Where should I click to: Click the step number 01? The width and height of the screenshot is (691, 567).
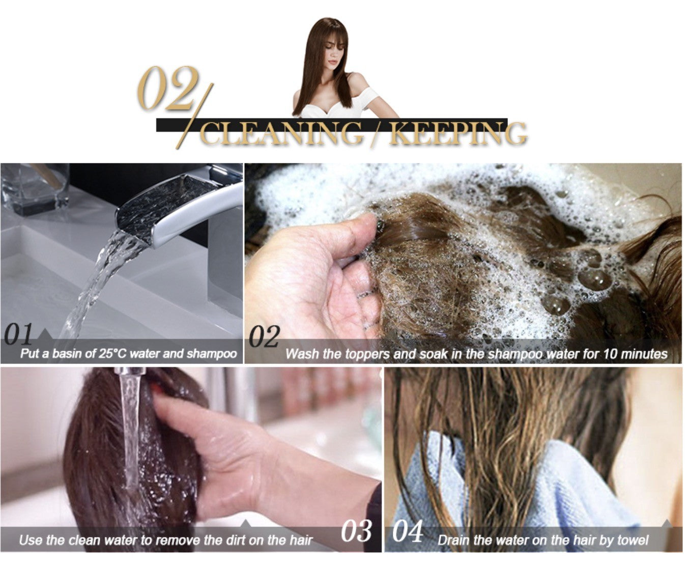click(19, 334)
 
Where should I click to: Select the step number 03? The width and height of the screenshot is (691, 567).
click(356, 530)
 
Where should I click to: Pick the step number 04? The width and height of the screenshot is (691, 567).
click(408, 531)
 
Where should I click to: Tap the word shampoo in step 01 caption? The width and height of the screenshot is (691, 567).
click(212, 354)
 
